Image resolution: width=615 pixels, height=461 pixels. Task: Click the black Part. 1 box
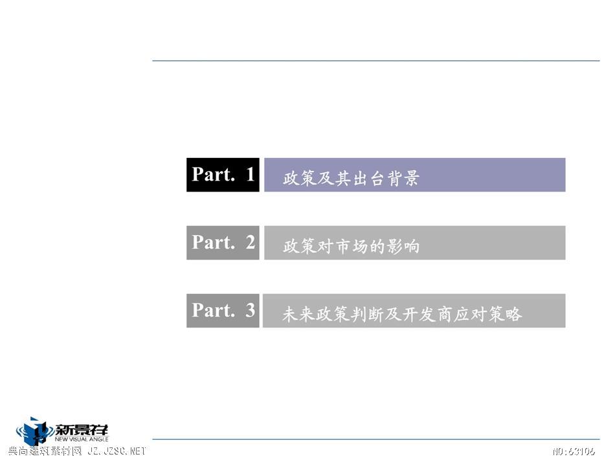pyautogui.click(x=223, y=175)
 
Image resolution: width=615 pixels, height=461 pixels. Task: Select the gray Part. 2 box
pyautogui.click(x=223, y=242)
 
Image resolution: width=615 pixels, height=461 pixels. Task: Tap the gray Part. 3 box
pyautogui.click(x=223, y=310)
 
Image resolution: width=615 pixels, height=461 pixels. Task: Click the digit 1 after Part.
pyautogui.click(x=251, y=174)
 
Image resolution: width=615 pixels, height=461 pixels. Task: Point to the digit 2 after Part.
pyautogui.click(x=251, y=242)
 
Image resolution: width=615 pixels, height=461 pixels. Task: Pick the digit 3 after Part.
pyautogui.click(x=251, y=310)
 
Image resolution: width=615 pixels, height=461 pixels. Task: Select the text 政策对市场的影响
pyautogui.click(x=351, y=247)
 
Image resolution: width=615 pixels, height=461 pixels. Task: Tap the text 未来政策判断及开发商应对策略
pyautogui.click(x=402, y=314)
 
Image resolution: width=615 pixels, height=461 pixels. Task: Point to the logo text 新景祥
pyautogui.click(x=81, y=431)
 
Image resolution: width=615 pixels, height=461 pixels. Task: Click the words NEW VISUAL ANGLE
pyautogui.click(x=81, y=440)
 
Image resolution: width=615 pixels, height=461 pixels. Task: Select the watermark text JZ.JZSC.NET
pyautogui.click(x=117, y=451)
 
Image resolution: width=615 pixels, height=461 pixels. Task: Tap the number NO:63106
pyautogui.click(x=574, y=451)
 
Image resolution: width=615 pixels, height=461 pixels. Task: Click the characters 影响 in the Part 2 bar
pyautogui.click(x=403, y=247)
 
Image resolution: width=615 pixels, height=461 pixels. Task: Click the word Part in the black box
pyautogui.click(x=214, y=174)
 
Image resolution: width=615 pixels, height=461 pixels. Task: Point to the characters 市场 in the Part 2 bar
pyautogui.click(x=351, y=247)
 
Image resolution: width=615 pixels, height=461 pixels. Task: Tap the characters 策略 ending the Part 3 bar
pyautogui.click(x=506, y=314)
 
